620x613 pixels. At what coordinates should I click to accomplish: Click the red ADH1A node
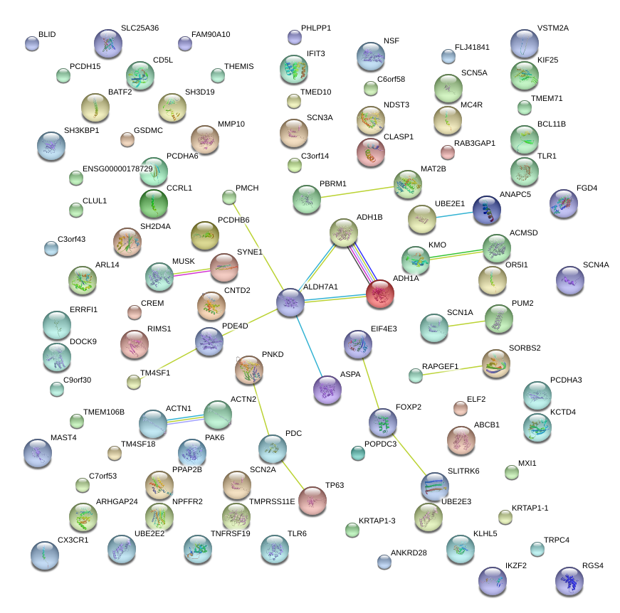pyautogui.click(x=379, y=294)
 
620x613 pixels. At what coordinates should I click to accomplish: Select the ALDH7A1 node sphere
pyautogui.click(x=290, y=302)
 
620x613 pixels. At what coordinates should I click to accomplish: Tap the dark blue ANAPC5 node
pyautogui.click(x=487, y=210)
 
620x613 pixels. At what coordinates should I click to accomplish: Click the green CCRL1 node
pyautogui.click(x=154, y=203)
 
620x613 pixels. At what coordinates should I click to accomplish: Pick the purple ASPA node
pyautogui.click(x=327, y=390)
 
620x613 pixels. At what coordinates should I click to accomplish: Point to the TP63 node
pyautogui.click(x=312, y=500)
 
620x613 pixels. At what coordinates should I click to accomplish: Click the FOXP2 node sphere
pyautogui.click(x=383, y=422)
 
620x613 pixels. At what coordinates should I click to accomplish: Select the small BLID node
pyautogui.click(x=32, y=43)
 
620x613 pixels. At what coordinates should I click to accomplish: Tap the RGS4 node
pyautogui.click(x=569, y=580)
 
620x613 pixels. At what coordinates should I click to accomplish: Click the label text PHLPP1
pyautogui.click(x=316, y=28)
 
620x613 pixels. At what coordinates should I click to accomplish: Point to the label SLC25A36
pyautogui.click(x=140, y=28)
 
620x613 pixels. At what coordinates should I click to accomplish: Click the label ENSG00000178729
pyautogui.click(x=117, y=169)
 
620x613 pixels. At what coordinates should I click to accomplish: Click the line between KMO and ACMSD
pyautogui.click(x=456, y=254)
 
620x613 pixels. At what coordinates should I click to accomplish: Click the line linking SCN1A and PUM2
pyautogui.click(x=466, y=324)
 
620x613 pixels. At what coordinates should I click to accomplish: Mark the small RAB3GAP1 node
pyautogui.click(x=448, y=151)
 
